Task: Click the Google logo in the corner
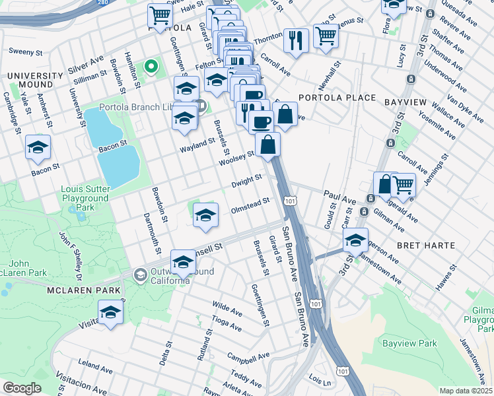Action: click(22, 388)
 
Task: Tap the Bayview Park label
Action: click(409, 344)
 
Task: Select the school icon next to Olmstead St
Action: click(205, 214)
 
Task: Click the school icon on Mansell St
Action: click(183, 263)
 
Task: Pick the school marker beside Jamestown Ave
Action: click(355, 241)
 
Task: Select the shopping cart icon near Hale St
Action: click(160, 15)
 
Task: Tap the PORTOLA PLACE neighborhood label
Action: click(337, 98)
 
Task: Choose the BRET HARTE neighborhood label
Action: click(425, 246)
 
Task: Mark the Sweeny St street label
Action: click(24, 50)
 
